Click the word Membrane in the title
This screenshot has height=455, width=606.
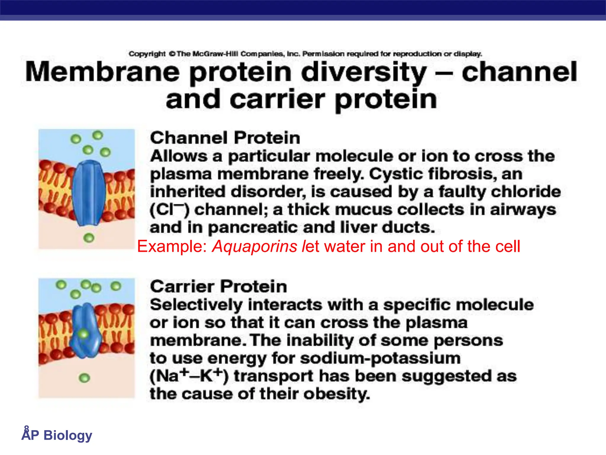[102, 72]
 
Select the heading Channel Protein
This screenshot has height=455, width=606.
[225, 138]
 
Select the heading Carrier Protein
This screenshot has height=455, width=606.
[218, 286]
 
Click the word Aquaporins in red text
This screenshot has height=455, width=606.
[254, 246]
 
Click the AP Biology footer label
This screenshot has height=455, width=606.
[57, 435]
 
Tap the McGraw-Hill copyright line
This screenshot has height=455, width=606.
[305, 54]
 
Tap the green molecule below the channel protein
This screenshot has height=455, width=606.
[89, 238]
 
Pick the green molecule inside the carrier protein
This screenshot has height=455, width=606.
[83, 334]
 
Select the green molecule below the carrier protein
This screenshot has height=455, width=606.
[84, 378]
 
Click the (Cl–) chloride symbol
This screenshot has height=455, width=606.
[169, 210]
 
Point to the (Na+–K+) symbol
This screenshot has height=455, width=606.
[189, 376]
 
